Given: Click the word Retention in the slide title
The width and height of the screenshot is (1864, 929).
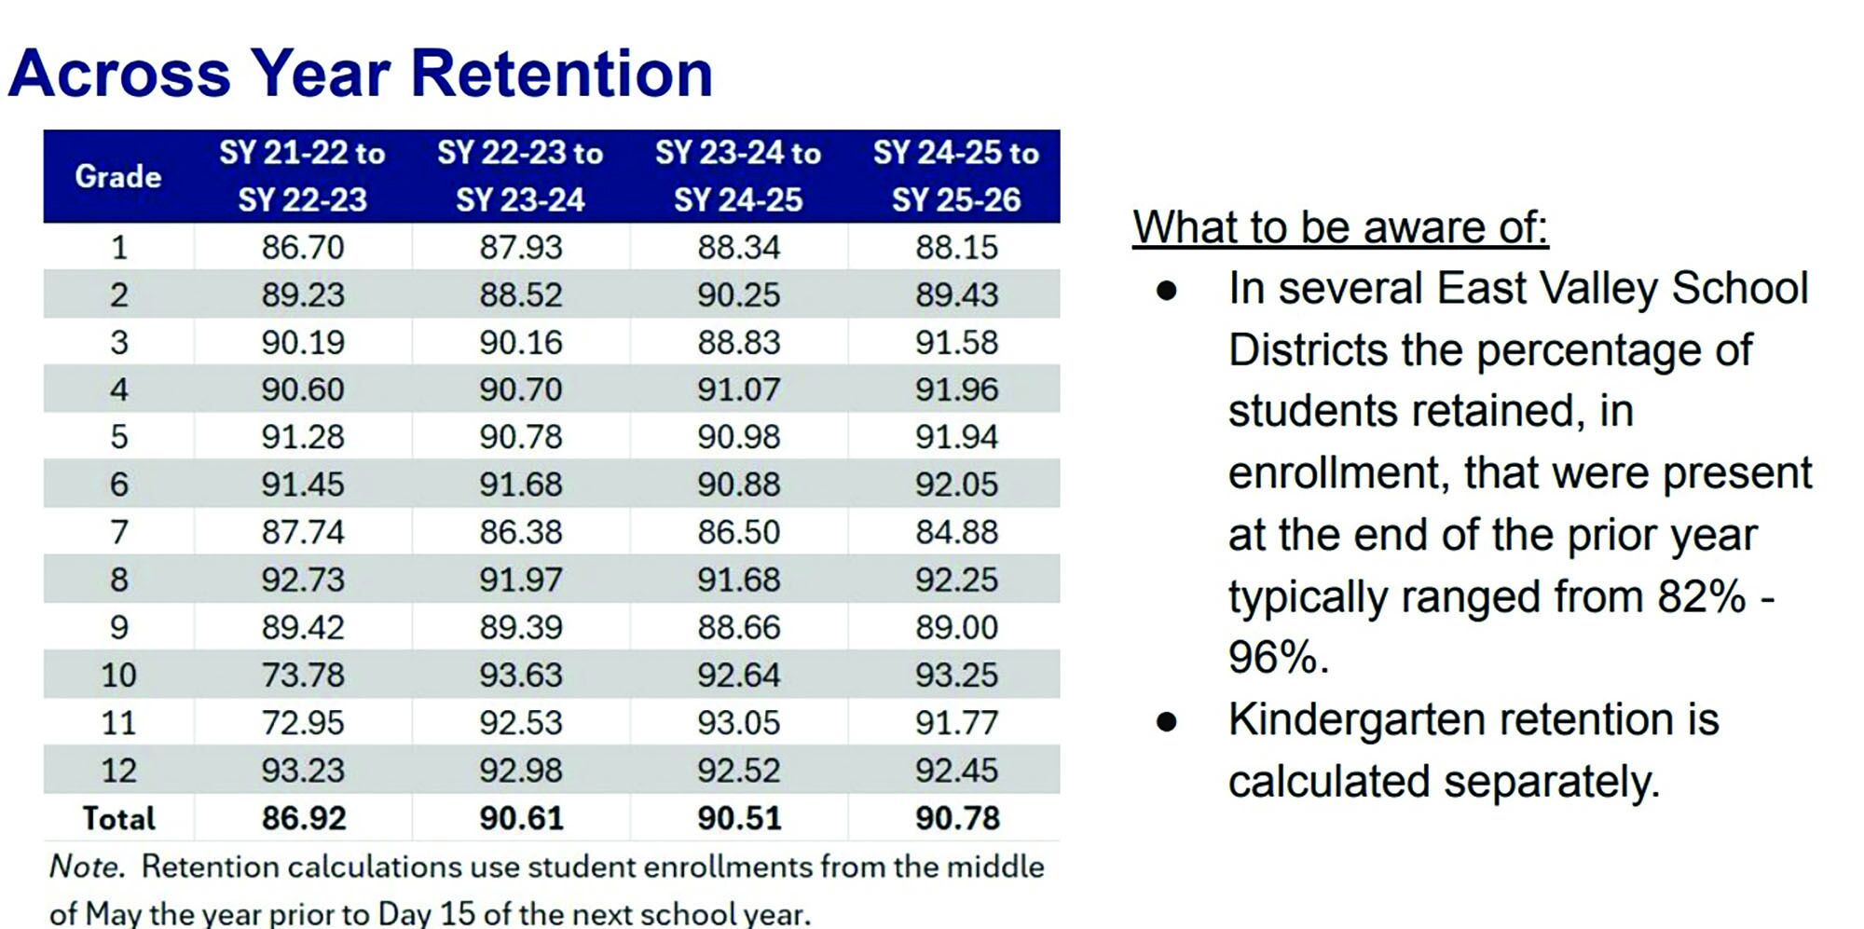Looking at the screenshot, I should coord(562,74).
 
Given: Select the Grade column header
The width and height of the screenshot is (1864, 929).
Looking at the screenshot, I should coord(118,176).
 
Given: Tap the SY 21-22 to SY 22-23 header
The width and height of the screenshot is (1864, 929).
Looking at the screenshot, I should coord(303,176).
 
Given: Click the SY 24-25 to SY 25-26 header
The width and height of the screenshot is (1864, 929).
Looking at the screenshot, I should coord(956,176).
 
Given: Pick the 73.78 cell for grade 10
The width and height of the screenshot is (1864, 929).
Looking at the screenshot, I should coord(303,675).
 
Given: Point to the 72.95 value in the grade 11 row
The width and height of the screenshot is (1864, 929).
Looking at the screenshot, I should coord(303,722).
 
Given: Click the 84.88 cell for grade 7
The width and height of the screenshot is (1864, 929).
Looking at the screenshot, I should coord(956,532).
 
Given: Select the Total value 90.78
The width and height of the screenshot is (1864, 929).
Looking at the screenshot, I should coord(957,818).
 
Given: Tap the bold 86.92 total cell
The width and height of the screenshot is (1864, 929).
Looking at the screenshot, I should coord(304,818).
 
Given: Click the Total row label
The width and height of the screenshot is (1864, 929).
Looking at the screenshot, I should coord(118,818).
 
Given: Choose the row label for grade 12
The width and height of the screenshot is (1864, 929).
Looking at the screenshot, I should coord(118,771).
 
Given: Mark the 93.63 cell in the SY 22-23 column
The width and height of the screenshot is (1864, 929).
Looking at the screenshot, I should coord(521,675).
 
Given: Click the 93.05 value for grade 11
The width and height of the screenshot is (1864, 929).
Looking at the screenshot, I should coord(739,722).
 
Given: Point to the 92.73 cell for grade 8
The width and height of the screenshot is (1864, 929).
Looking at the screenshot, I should coord(303,580).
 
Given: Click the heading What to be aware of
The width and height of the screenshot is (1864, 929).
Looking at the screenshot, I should coord(1340,227).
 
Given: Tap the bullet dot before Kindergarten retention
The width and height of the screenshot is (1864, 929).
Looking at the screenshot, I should coord(1167,721).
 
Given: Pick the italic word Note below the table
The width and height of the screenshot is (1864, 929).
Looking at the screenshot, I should coord(85,867).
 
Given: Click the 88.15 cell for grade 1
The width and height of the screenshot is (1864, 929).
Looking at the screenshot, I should coord(956,247).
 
